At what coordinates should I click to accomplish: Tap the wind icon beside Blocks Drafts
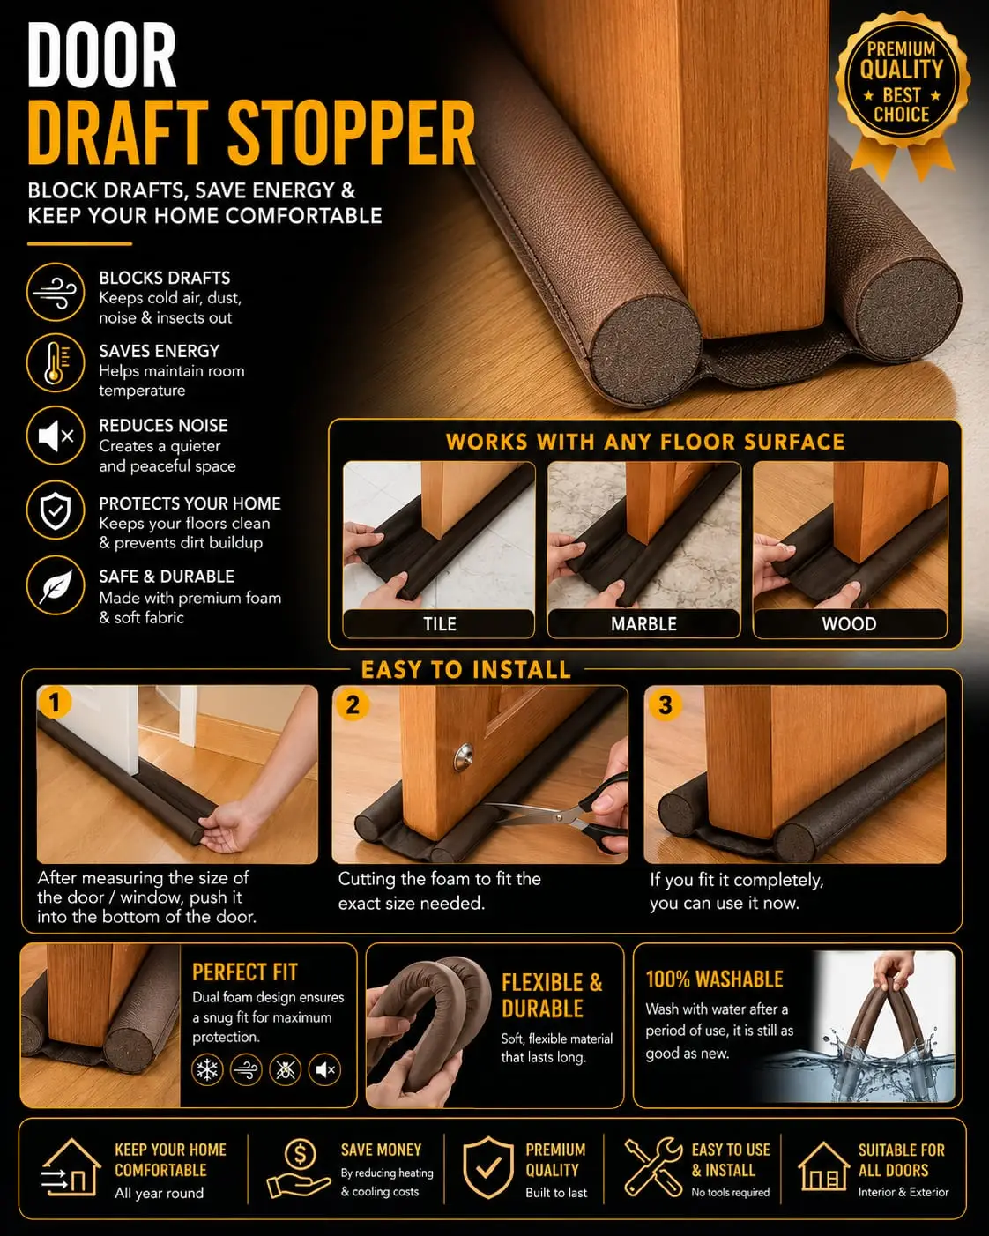56,292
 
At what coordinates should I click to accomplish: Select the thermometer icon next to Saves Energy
56,363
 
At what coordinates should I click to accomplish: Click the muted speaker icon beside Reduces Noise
56,436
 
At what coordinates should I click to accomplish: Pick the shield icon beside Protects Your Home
56,510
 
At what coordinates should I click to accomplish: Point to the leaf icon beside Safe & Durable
56,585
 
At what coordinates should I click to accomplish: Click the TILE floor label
439,624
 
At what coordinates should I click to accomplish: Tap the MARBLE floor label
643,624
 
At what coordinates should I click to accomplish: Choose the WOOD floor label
850,624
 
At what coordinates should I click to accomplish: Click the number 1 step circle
54,702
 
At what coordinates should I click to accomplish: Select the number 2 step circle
353,704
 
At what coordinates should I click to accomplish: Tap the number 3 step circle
666,704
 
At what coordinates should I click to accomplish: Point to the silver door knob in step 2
464,757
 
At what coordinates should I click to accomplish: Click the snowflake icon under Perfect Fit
207,1069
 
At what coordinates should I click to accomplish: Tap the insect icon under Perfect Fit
286,1069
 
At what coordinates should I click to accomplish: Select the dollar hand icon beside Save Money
299,1168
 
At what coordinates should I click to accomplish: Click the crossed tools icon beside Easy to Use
653,1167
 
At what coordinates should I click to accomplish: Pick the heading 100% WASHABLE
715,979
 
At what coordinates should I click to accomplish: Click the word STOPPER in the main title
352,133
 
